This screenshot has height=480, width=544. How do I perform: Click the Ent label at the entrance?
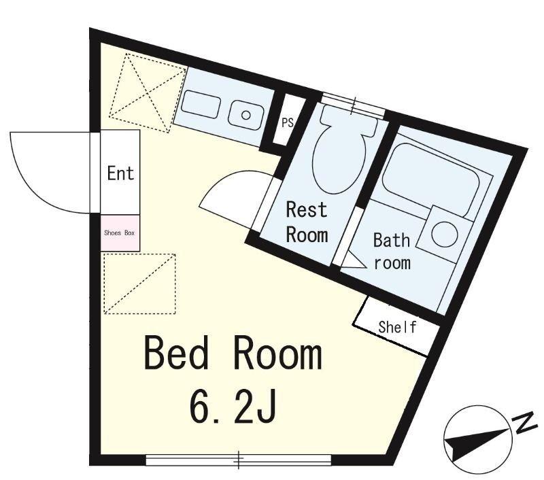click(x=120, y=173)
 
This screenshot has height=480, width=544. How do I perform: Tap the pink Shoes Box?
click(x=120, y=233)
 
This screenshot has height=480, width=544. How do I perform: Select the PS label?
click(x=287, y=122)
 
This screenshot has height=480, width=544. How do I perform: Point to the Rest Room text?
click(x=307, y=222)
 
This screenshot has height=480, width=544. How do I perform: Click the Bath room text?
click(x=392, y=252)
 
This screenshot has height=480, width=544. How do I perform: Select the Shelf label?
click(x=397, y=327)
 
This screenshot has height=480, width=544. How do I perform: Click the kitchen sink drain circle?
click(x=245, y=115)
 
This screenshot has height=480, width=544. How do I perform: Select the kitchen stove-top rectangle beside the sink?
click(x=201, y=105)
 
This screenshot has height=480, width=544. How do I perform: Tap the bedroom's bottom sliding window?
click(x=239, y=460)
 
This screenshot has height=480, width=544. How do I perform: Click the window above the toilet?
click(x=353, y=105)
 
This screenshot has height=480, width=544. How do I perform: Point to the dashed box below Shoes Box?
click(x=139, y=284)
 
